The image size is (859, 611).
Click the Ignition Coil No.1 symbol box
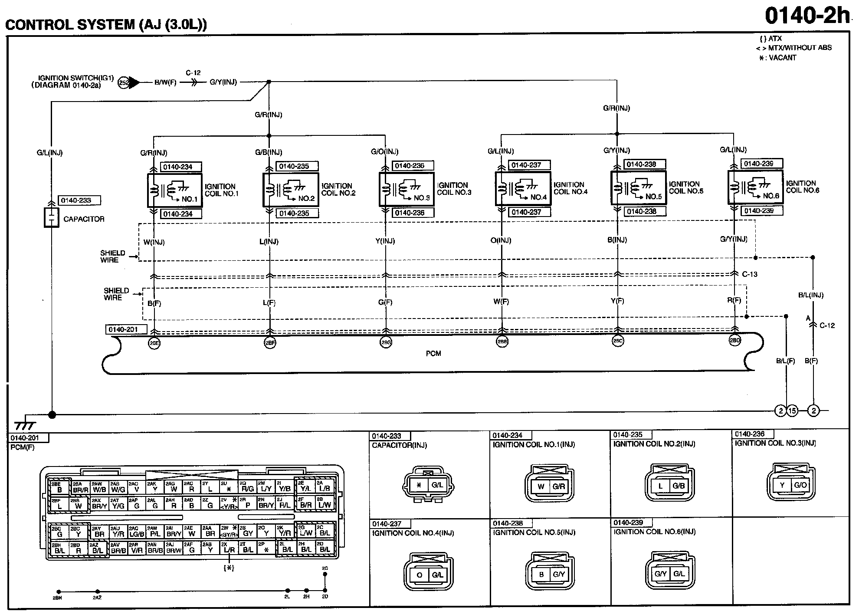click(x=175, y=190)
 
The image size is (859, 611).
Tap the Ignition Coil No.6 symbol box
click(x=755, y=187)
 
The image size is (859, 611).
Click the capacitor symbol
click(x=51, y=217)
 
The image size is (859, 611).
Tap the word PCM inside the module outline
click(x=433, y=354)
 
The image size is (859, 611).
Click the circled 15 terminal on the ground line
click(x=792, y=411)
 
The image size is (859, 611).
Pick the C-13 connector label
click(x=749, y=274)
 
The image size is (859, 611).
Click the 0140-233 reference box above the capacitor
click(x=79, y=200)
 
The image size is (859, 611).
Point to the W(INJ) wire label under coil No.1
click(x=154, y=242)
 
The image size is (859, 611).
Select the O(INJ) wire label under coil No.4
click(x=501, y=240)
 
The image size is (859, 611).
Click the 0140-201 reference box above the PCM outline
click(x=126, y=330)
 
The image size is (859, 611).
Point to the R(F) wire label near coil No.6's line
click(x=734, y=300)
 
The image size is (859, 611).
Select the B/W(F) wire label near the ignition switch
click(x=166, y=82)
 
